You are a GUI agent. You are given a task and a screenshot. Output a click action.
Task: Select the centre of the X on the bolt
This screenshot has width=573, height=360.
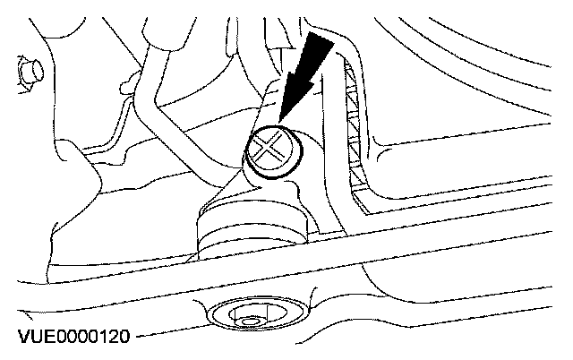(x=270, y=148)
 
